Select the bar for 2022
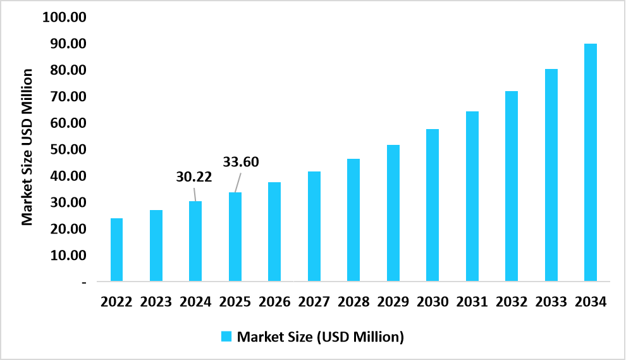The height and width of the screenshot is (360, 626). (x=116, y=249)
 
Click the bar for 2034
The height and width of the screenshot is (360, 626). (x=590, y=162)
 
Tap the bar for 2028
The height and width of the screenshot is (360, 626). (x=353, y=220)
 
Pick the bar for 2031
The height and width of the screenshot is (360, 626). (x=472, y=196)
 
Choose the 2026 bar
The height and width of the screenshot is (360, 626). (x=274, y=232)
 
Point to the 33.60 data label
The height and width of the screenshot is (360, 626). (x=241, y=161)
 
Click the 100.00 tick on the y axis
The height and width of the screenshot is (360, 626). (x=64, y=17)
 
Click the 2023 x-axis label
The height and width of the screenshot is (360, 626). (x=156, y=302)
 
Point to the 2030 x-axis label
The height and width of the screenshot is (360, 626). (x=433, y=302)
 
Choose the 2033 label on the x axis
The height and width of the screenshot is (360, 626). (x=551, y=302)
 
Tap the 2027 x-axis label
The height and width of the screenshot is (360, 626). (x=314, y=302)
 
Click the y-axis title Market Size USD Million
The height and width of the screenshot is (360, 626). (x=27, y=147)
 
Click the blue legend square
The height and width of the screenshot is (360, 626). (x=226, y=337)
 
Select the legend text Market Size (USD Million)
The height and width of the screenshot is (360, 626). (x=320, y=337)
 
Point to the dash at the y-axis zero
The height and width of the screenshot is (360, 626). (x=84, y=282)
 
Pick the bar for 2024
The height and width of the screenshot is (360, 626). (x=195, y=241)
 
